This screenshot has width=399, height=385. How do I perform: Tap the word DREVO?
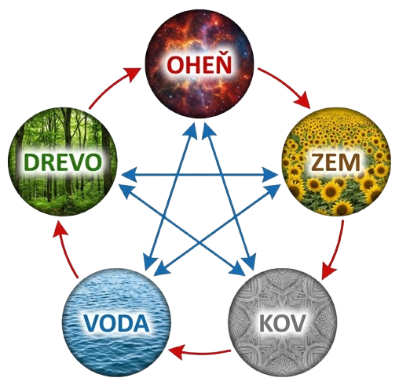click(x=63, y=162)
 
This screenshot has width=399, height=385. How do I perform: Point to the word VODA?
click(x=116, y=323)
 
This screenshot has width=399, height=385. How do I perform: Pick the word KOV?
click(x=282, y=323)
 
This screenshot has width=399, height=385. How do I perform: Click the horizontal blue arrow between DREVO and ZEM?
click(x=199, y=175)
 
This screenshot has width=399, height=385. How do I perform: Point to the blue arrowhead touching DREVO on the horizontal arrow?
click(x=129, y=175)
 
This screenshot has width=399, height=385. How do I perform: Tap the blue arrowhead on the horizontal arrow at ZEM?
click(x=270, y=175)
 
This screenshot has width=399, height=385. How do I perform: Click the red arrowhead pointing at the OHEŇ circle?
click(x=133, y=74)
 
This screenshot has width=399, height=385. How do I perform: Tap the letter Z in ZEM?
click(x=317, y=162)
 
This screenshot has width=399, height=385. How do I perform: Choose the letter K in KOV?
click(x=265, y=323)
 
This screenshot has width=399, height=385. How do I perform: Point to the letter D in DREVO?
click(x=31, y=162)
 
